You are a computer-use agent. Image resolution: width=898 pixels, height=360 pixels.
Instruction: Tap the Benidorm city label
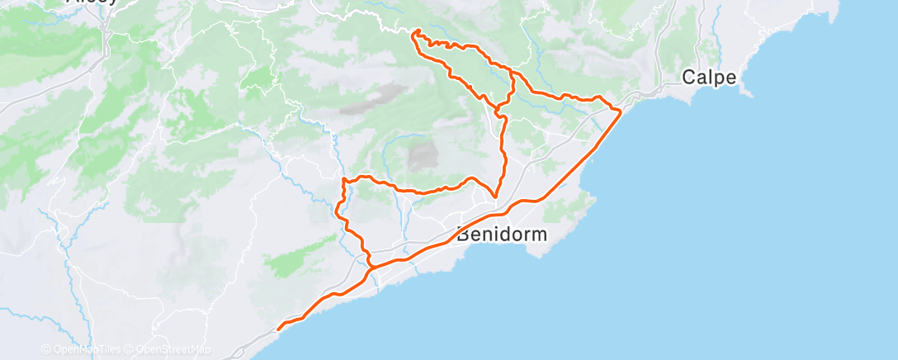pos(502,234)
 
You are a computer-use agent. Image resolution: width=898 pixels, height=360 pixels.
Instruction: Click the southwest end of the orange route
pos(277,329)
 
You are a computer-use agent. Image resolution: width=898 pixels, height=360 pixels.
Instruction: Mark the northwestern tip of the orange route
pos(414,31)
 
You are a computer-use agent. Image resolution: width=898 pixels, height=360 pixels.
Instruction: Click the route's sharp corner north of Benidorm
pos(494,197)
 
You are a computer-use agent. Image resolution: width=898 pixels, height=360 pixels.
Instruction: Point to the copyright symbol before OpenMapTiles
pos(45,349)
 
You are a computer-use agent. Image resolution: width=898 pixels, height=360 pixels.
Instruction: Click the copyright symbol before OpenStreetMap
pos(130,349)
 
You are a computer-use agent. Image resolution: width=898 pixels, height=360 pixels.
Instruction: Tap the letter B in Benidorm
pos(463,234)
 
